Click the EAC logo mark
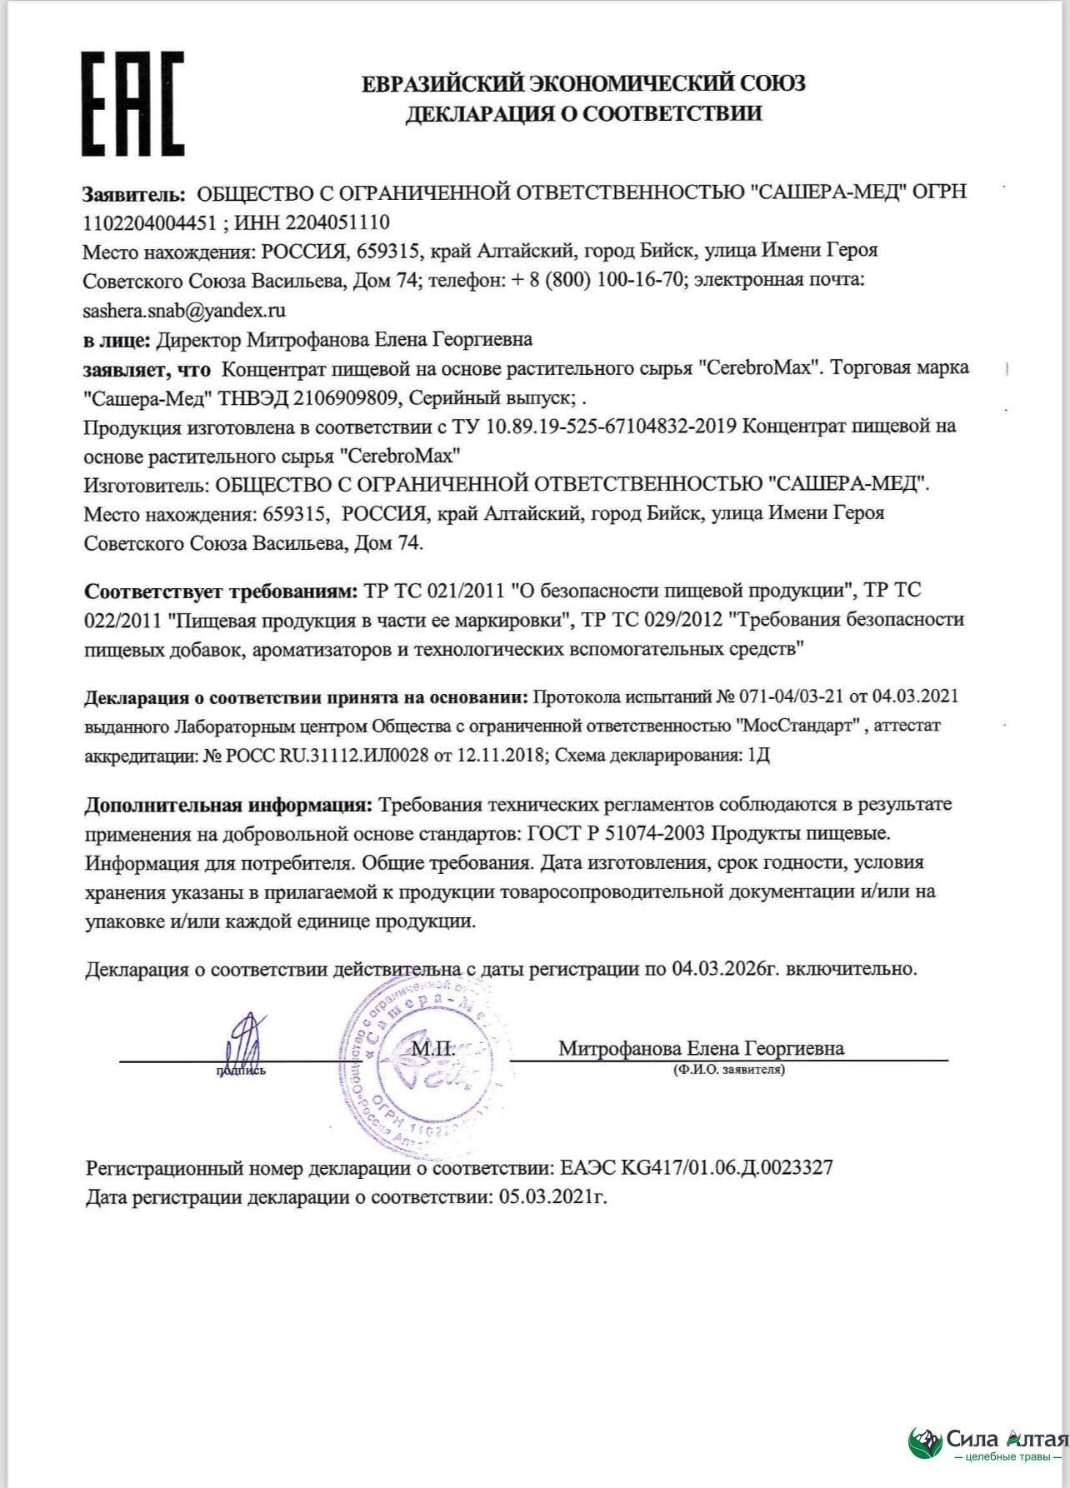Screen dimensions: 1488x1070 point(132,104)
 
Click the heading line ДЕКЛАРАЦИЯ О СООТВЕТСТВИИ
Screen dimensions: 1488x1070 point(583,113)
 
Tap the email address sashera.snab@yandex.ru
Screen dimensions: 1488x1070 point(184,311)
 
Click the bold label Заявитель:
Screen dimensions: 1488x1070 point(133,193)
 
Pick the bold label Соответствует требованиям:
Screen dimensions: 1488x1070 point(221,592)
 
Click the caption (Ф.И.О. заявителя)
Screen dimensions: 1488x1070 point(728,1070)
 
